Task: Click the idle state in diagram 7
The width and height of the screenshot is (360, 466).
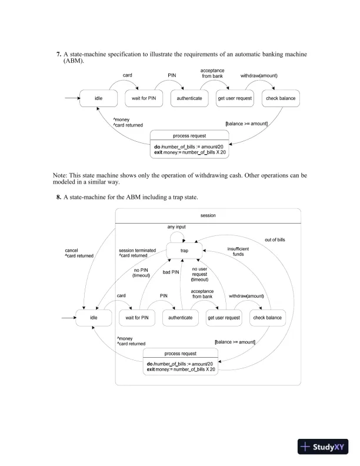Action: point(99,98)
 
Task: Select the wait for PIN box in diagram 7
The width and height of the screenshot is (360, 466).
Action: point(143,98)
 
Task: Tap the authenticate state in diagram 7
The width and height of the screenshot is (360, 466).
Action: point(189,98)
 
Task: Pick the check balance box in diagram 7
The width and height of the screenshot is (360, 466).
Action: point(281,98)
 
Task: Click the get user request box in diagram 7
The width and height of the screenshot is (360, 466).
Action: point(235,98)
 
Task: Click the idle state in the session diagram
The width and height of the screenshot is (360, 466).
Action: point(93,318)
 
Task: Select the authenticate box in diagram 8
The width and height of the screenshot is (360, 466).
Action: point(180,318)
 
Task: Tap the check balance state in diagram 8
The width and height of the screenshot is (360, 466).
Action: point(267,318)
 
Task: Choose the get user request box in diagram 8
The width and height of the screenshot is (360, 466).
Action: point(224,318)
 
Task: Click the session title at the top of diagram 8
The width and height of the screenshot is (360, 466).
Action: point(208,216)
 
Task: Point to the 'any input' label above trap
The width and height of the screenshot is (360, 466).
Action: point(177,227)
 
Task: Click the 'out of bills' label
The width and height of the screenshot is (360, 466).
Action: point(275,239)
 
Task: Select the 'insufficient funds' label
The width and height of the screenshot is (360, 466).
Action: point(238,251)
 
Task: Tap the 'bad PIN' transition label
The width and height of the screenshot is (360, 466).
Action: point(171,272)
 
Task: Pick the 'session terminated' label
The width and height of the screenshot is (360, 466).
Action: point(137,251)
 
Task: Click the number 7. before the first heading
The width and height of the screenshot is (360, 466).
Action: point(59,54)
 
